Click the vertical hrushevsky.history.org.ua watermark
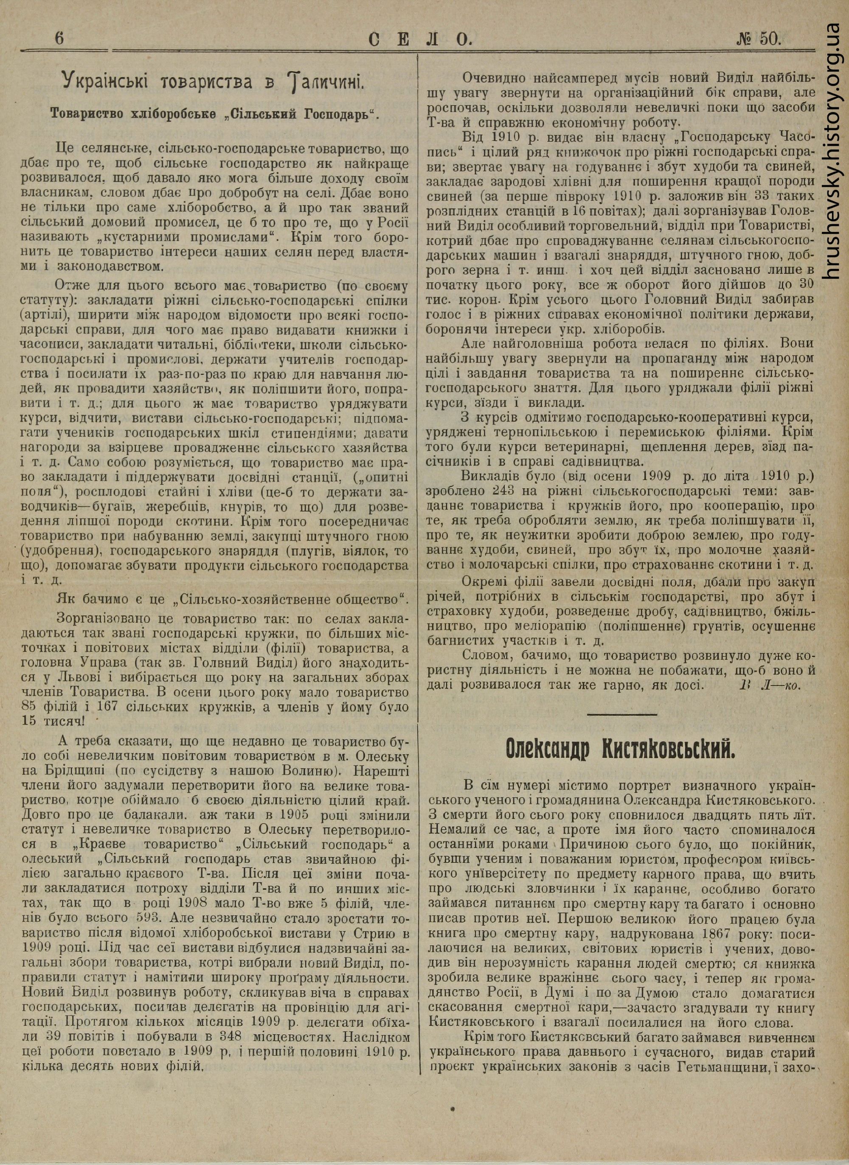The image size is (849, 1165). (x=834, y=149)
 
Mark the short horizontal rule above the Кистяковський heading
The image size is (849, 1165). (x=622, y=714)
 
